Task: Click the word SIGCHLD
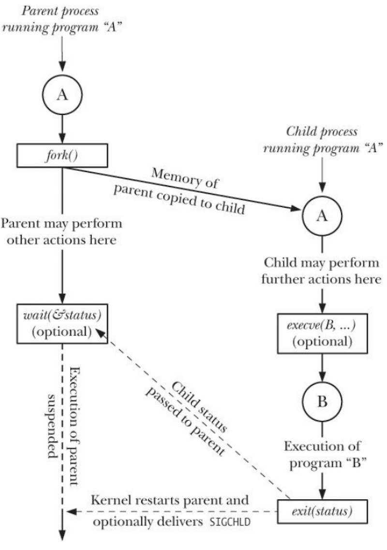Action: point(230,522)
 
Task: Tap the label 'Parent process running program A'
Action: point(61,19)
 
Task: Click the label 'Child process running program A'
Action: point(323,139)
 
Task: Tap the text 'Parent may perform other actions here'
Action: point(61,231)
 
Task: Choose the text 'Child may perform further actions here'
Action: point(321,271)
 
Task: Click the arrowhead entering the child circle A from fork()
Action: point(296,209)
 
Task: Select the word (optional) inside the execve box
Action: point(323,341)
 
